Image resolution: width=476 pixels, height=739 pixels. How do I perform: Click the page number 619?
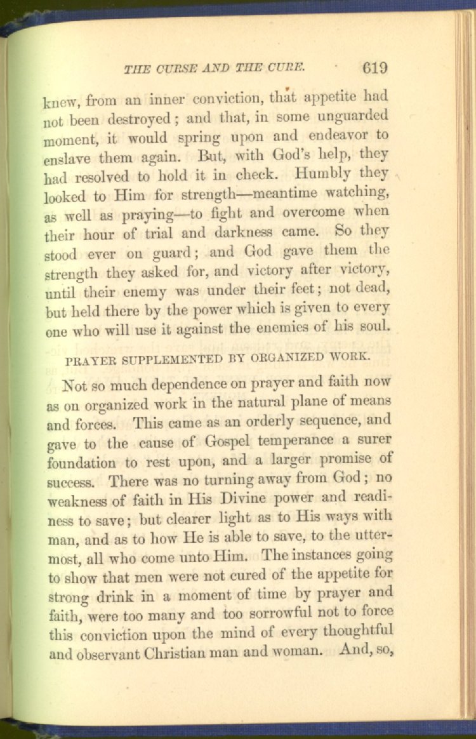(375, 67)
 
